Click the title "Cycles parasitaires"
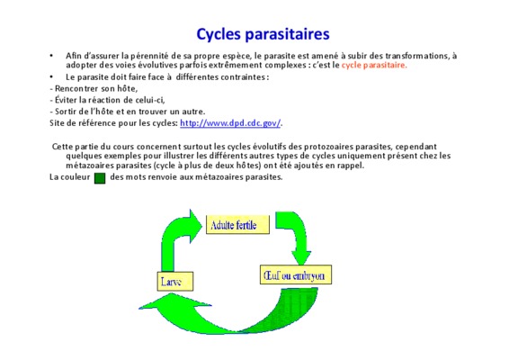click(263, 34)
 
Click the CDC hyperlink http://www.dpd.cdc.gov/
click(230, 123)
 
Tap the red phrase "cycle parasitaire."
click(374, 65)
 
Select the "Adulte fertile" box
click(237, 224)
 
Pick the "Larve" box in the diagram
click(175, 281)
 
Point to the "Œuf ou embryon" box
click(296, 274)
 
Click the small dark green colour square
click(100, 178)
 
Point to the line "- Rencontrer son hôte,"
click(94, 88)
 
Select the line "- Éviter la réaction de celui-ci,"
click(107, 100)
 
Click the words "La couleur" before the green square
click(70, 177)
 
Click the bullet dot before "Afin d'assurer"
click(51, 56)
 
